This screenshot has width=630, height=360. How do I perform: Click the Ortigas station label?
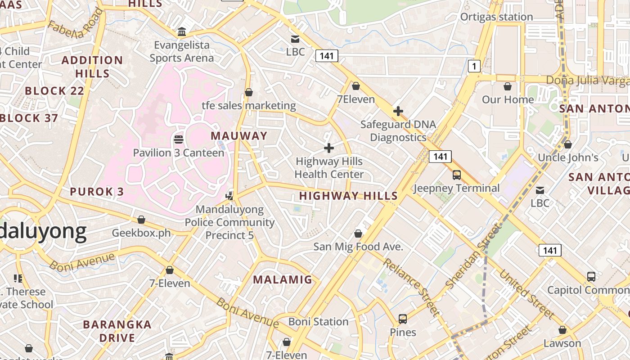click(x=496, y=17)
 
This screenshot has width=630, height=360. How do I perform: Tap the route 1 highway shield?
click(x=474, y=67)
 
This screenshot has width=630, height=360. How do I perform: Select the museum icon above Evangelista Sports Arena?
click(x=182, y=32)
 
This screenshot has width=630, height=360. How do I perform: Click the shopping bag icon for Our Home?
click(x=508, y=86)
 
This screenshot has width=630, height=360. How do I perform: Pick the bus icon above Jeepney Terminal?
click(x=456, y=175)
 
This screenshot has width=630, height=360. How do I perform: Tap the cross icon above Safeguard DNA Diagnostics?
click(x=398, y=111)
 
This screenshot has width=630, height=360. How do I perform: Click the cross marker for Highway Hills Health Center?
click(x=329, y=148)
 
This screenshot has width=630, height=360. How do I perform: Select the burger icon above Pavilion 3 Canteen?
click(x=178, y=139)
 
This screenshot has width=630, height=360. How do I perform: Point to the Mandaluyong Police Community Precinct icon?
click(x=230, y=196)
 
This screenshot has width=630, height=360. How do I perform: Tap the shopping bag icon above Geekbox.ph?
click(x=141, y=220)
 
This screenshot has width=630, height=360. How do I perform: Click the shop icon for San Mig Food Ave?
click(x=358, y=234)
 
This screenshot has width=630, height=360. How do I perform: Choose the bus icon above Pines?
click(x=403, y=319)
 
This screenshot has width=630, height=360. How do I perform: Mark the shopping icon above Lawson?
click(x=562, y=330)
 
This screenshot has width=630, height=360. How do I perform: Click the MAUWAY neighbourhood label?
click(x=239, y=136)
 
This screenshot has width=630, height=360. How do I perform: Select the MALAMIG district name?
click(x=283, y=279)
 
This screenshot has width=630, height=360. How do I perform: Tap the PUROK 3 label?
click(x=97, y=192)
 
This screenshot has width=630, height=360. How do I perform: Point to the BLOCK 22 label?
click(x=54, y=91)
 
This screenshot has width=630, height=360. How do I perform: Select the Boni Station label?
click(x=318, y=322)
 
